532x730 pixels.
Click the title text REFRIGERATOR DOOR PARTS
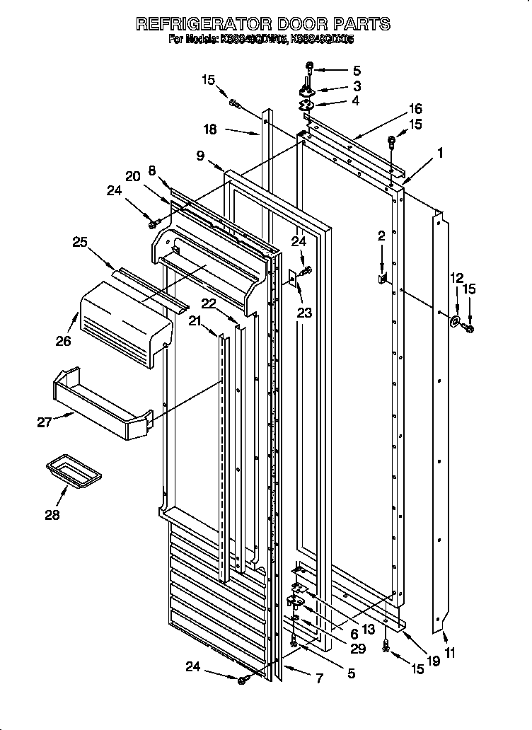262,23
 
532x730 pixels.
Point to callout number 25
81,242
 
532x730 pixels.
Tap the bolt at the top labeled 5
310,68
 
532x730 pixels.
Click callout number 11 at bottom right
450,653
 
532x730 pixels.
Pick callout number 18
211,129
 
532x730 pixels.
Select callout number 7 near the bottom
318,679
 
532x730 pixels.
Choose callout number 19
434,661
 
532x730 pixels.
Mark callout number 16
415,108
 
